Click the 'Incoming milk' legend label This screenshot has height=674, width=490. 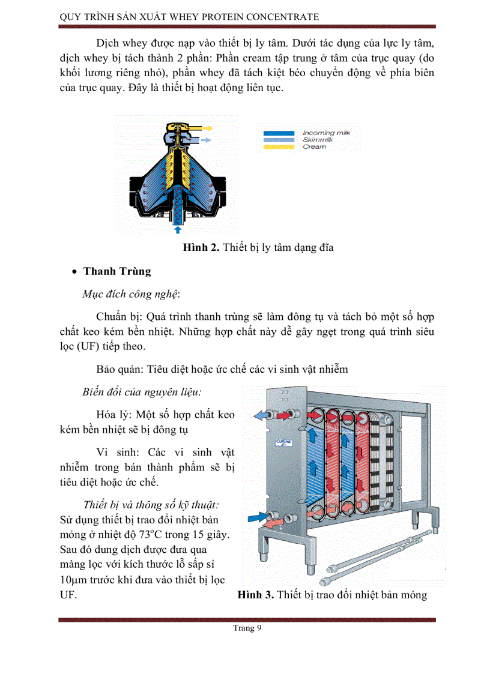coord(326,133)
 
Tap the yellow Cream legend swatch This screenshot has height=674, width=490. coord(278,146)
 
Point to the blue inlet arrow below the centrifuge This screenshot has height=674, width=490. coord(177,229)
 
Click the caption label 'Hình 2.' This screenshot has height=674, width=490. coord(201,248)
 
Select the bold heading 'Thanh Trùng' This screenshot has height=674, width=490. coord(117,271)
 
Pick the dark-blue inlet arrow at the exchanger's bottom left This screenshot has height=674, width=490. coord(256,516)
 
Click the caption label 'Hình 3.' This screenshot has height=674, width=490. coord(256,595)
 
